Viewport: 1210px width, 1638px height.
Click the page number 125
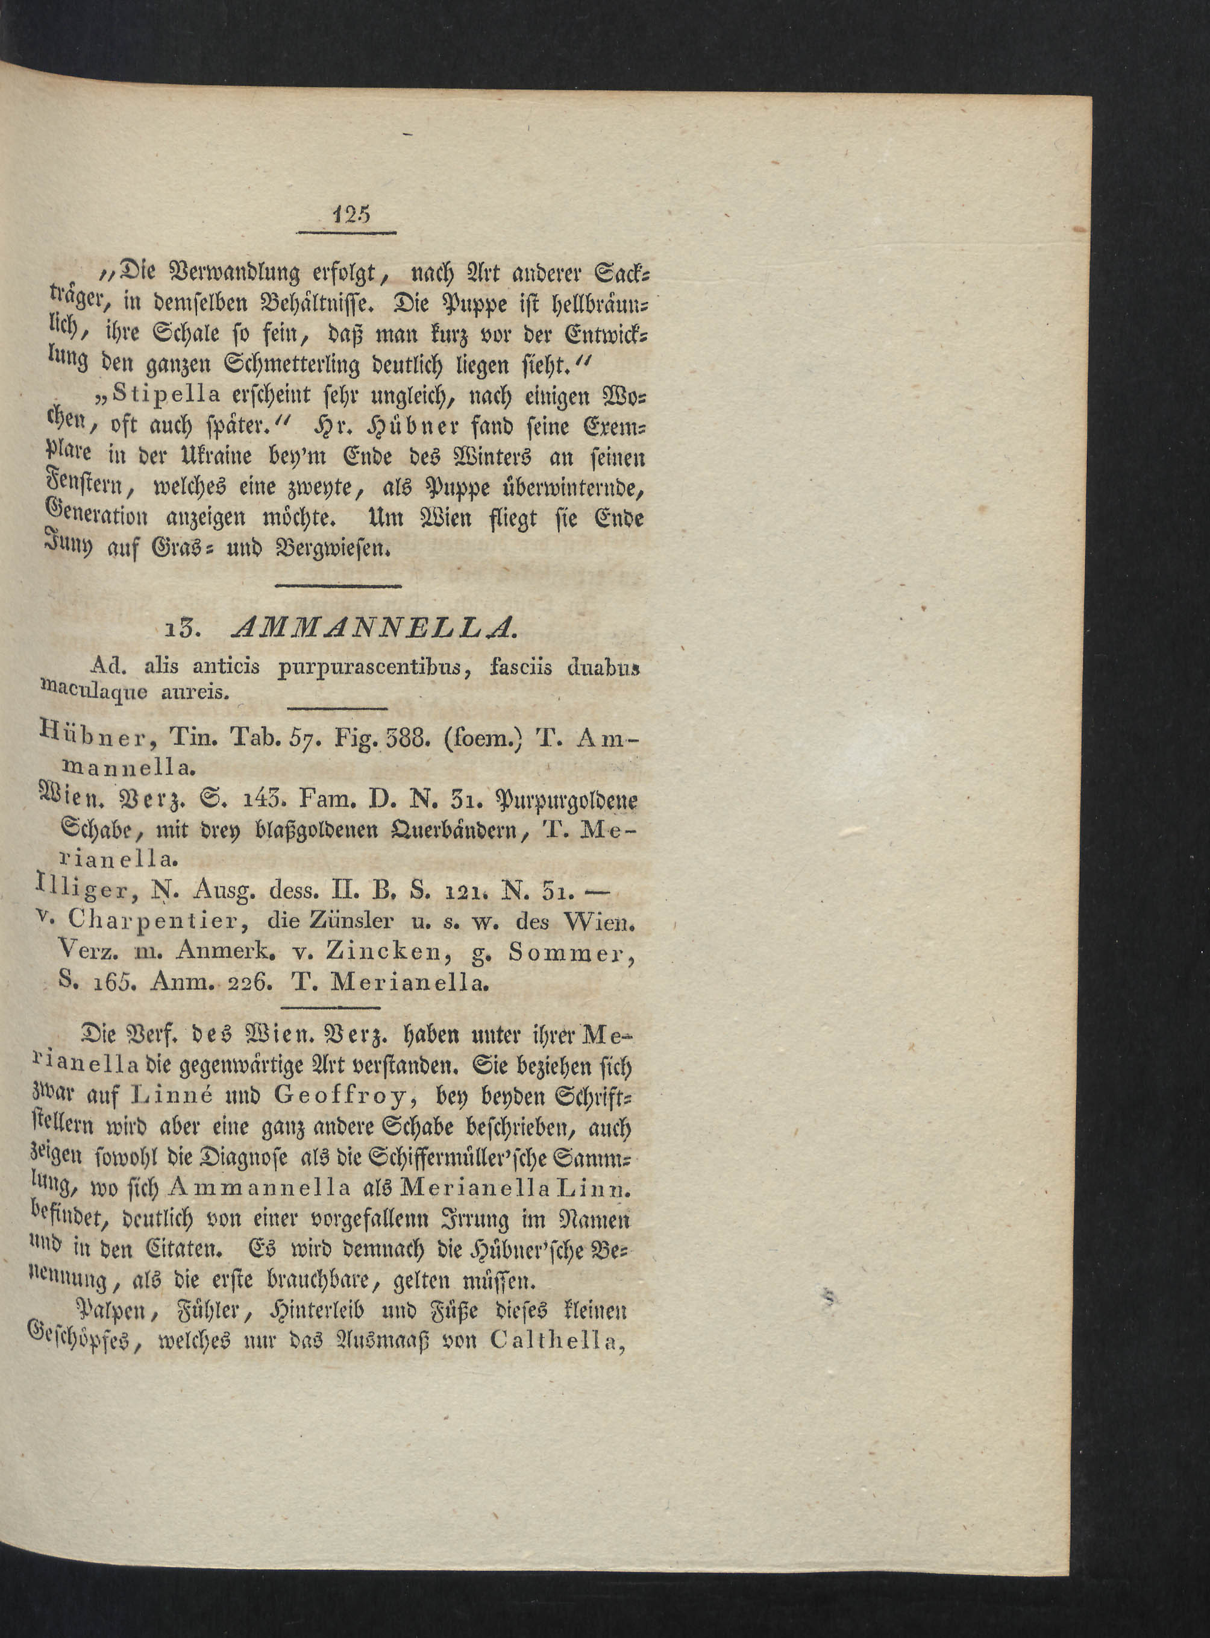(353, 214)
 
